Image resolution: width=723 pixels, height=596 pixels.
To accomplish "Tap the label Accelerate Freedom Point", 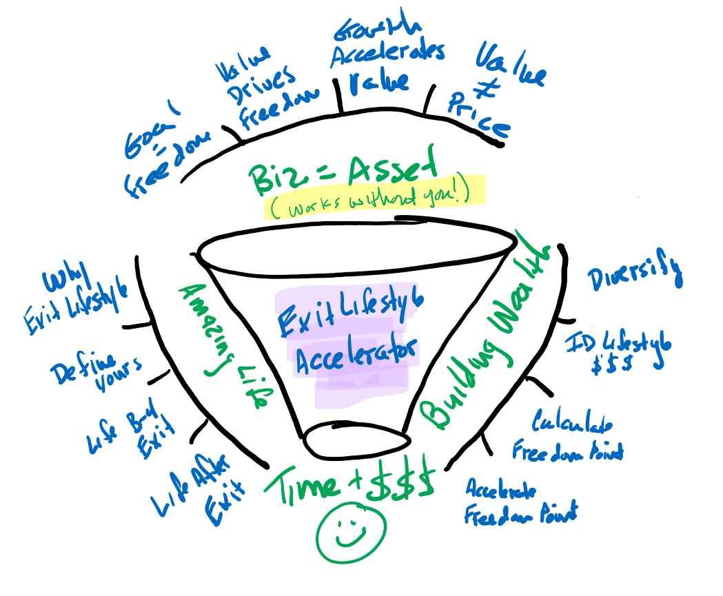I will click(x=521, y=502).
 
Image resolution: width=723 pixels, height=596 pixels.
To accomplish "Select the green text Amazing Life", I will click(x=224, y=345).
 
